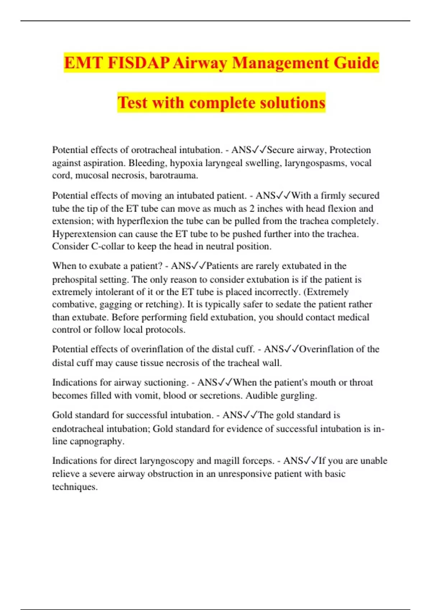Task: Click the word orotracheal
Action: pyautogui.click(x=153, y=150)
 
